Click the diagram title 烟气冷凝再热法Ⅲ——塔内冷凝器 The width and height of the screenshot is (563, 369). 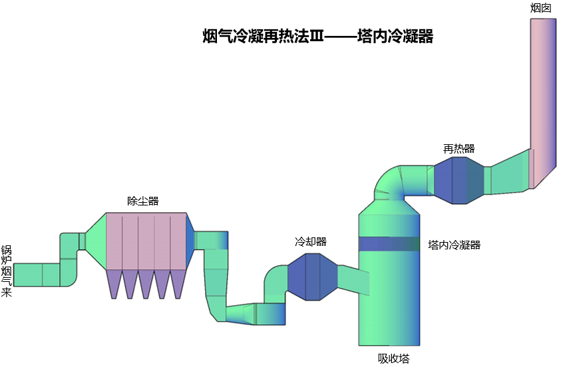(318, 37)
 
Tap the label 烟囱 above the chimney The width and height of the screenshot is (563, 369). (541, 8)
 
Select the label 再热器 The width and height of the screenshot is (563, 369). (459, 148)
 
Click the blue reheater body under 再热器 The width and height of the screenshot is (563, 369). (459, 180)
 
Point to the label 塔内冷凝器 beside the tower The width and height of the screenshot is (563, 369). (455, 245)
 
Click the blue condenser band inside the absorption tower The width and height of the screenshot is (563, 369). (389, 244)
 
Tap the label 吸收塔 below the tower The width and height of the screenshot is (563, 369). (394, 358)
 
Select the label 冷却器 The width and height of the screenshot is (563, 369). (311, 241)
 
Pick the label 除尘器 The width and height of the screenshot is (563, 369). (143, 201)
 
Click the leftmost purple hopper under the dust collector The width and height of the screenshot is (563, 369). (114, 283)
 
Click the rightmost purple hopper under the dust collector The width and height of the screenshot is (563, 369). (177, 283)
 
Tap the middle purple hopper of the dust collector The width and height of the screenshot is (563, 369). (146, 283)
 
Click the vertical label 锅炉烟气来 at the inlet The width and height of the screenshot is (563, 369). (7, 271)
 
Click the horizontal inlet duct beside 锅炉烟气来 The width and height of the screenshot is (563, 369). (37, 274)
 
